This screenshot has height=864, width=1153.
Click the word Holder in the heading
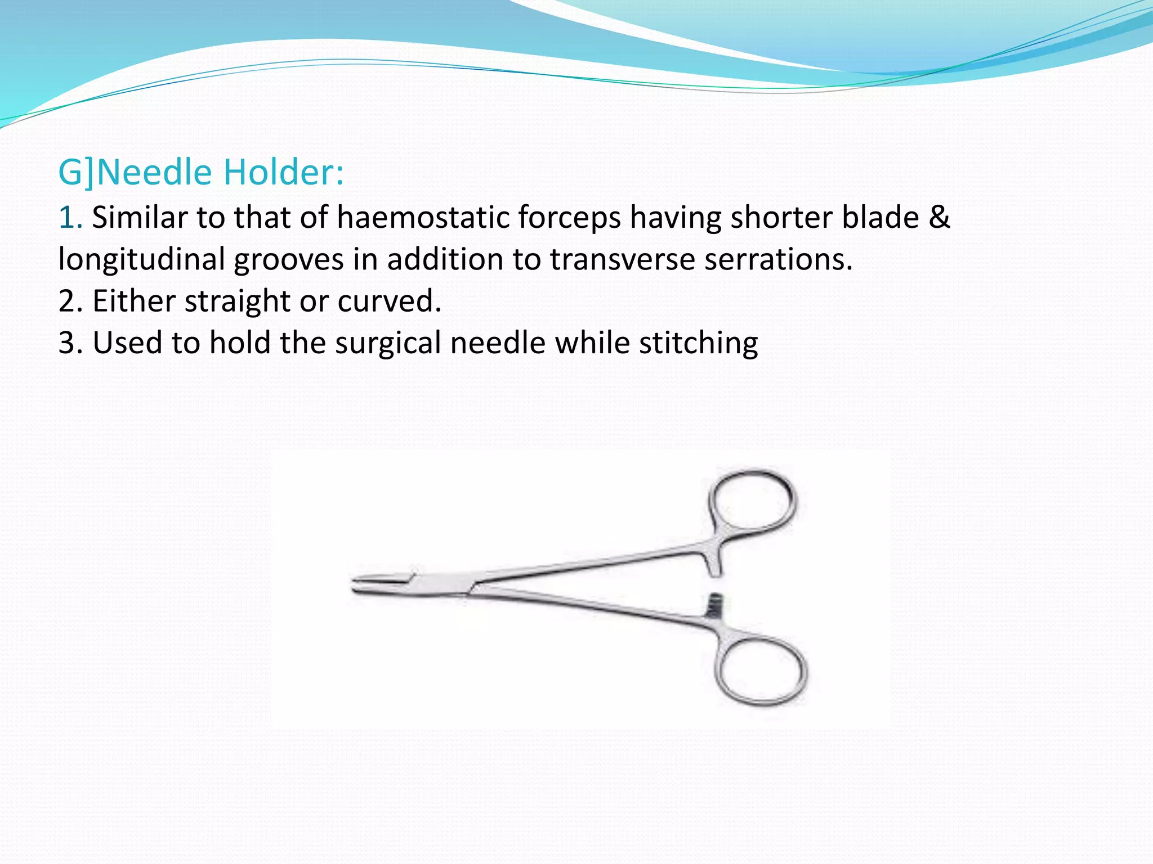point(283,172)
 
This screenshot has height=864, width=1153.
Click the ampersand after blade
point(939,218)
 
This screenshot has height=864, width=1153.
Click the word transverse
point(622,260)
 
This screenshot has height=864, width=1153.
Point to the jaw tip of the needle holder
point(360,584)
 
